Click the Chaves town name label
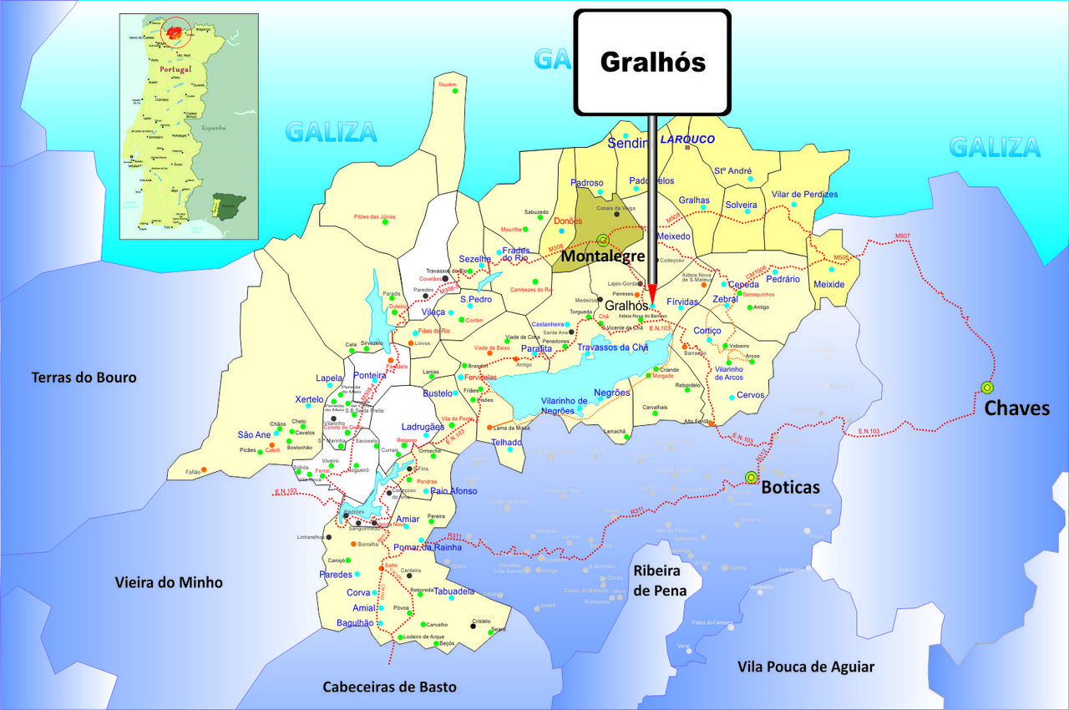(x=1016, y=408)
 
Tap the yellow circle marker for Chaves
(x=987, y=387)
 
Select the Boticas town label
(x=790, y=487)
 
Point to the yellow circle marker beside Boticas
(x=750, y=477)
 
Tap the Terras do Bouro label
(x=84, y=378)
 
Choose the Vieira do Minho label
(x=169, y=582)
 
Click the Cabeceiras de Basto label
(x=390, y=687)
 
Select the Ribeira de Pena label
(x=660, y=581)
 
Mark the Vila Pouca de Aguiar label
(x=806, y=666)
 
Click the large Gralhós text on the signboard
(x=652, y=62)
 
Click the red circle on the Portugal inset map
(x=175, y=33)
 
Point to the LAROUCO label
(x=687, y=139)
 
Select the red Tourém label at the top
(x=448, y=84)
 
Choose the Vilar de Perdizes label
(x=804, y=195)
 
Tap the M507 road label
(x=902, y=236)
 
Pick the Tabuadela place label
(x=454, y=591)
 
